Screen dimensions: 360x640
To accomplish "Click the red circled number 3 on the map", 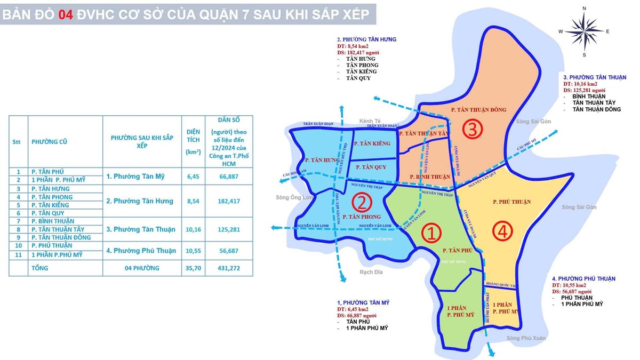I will point(473,129).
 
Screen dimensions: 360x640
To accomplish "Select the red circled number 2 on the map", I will point(361,203).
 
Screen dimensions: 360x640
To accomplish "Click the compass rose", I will point(585,31).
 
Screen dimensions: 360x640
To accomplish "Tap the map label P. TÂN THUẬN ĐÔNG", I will point(478,110).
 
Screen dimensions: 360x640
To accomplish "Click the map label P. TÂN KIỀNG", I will point(375,143).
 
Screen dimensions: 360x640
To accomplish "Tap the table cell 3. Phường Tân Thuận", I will point(141,229).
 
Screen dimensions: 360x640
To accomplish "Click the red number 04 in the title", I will point(65,15).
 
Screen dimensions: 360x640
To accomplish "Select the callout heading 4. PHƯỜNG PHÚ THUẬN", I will point(583,279).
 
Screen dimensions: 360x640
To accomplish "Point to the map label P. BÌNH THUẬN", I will point(430,177).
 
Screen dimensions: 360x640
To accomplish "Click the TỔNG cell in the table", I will point(40,268).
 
